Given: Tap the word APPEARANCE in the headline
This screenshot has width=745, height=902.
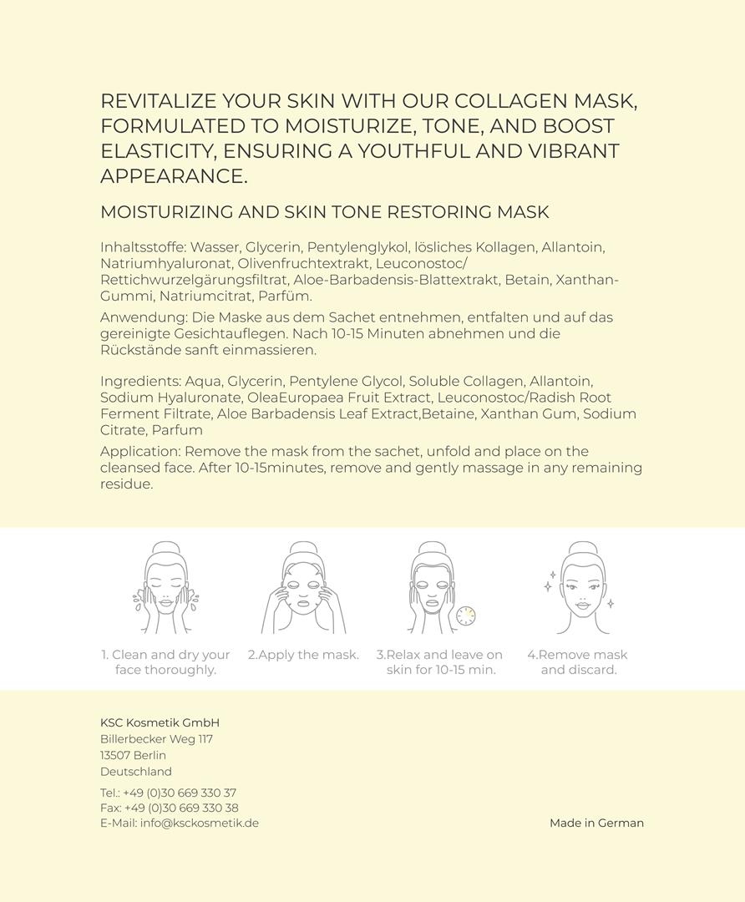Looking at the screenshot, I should click(x=174, y=176).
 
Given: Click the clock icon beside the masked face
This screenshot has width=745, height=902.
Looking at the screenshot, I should click(x=465, y=616).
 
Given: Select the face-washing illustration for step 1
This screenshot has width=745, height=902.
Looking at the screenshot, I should click(x=165, y=589).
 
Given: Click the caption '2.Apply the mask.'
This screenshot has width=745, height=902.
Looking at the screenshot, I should click(x=303, y=655).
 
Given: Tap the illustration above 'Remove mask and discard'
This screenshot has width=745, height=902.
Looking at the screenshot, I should click(x=579, y=589).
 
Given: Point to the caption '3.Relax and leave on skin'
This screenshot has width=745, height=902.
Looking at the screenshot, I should click(x=440, y=662).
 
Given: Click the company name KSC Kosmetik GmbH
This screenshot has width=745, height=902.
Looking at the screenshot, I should click(x=160, y=723).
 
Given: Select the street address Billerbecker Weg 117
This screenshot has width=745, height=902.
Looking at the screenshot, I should click(x=156, y=739).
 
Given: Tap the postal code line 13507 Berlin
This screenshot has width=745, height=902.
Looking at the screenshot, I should click(x=133, y=755).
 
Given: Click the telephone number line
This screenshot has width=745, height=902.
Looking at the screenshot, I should click(x=168, y=793).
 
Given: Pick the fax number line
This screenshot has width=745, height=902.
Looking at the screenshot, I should click(x=169, y=808).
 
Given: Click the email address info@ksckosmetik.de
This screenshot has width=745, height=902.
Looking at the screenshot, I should click(x=199, y=823).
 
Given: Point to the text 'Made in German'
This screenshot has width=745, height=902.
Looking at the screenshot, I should click(x=596, y=823).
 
